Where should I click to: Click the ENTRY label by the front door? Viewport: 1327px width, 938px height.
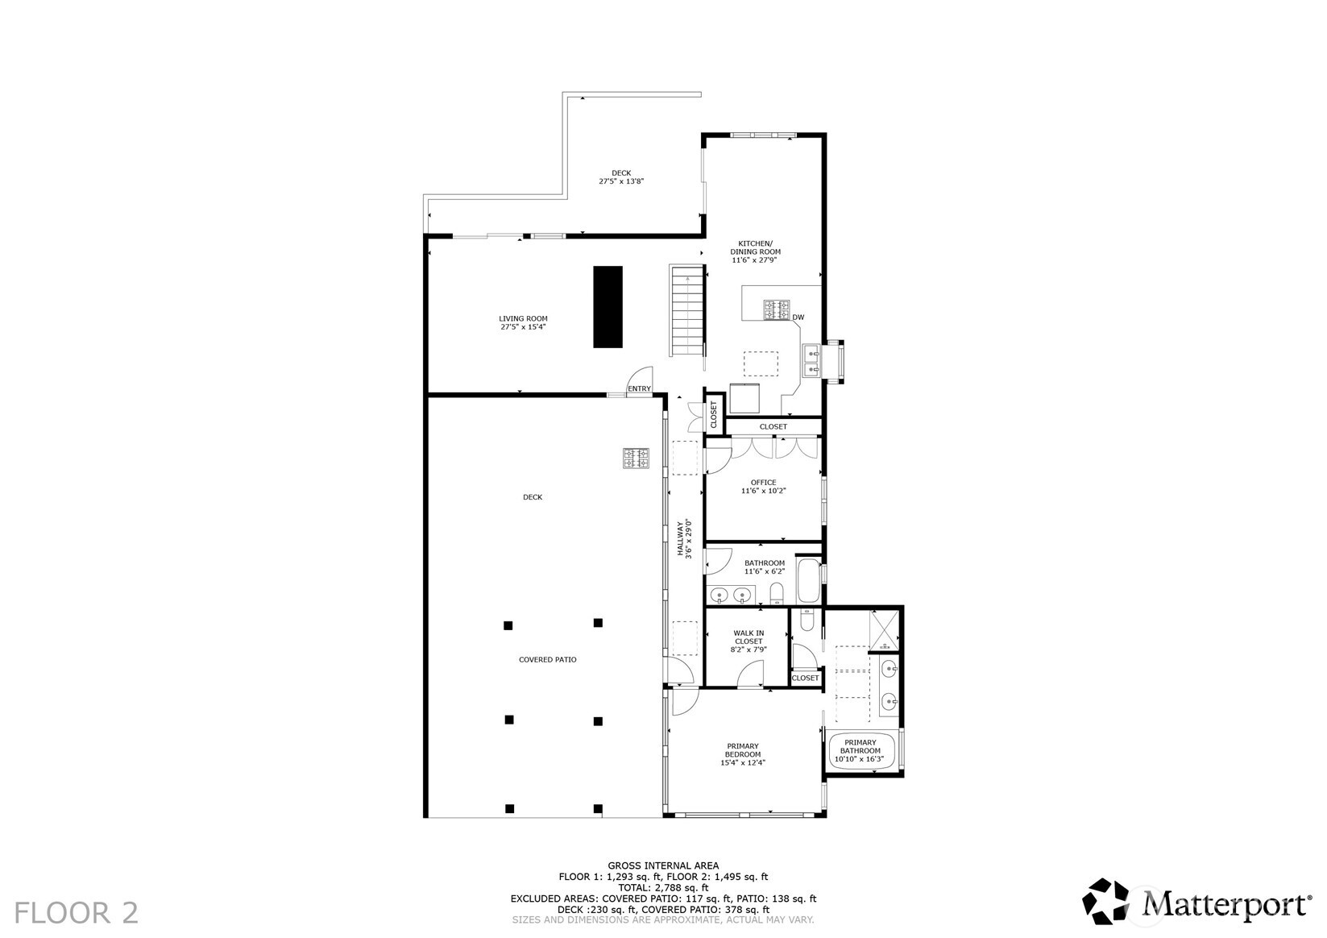[x=639, y=389]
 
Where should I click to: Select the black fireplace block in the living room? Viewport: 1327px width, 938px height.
[x=608, y=306]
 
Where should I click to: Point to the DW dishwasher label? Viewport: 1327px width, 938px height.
[x=798, y=318]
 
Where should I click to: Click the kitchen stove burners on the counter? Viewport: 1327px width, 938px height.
[x=778, y=310]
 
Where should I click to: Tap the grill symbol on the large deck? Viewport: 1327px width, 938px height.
[x=636, y=458]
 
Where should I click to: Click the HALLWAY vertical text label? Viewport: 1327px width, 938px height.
[x=684, y=539]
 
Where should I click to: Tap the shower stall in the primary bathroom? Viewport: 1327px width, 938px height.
[x=884, y=631]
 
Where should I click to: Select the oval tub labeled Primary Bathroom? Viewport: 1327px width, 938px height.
[x=861, y=750]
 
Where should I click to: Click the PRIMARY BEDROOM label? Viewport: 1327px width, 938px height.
[x=742, y=754]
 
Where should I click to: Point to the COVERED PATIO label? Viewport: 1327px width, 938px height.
[x=547, y=660]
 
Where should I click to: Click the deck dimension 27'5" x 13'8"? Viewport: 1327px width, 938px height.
[x=620, y=181]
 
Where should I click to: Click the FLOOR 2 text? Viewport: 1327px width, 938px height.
[x=77, y=913]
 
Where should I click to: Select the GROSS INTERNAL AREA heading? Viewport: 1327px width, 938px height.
[x=663, y=865]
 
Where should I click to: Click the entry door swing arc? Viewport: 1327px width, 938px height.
[x=641, y=376]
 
